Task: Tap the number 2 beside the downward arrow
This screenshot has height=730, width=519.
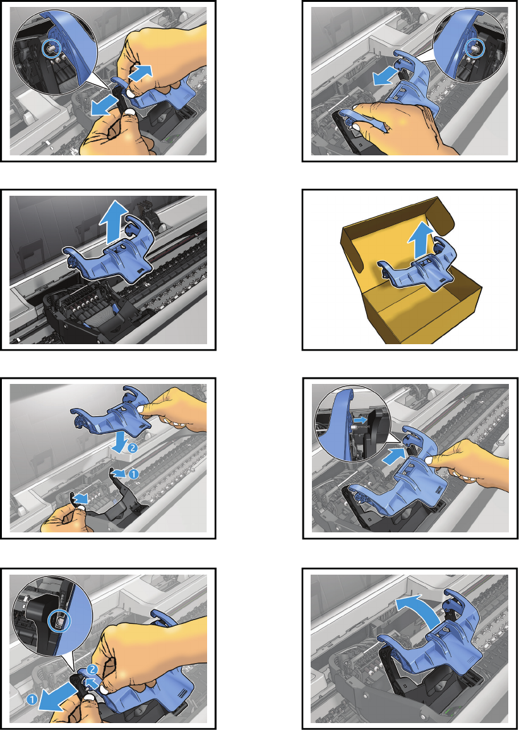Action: tap(131, 448)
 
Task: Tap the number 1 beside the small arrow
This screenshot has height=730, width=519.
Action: tap(133, 474)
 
